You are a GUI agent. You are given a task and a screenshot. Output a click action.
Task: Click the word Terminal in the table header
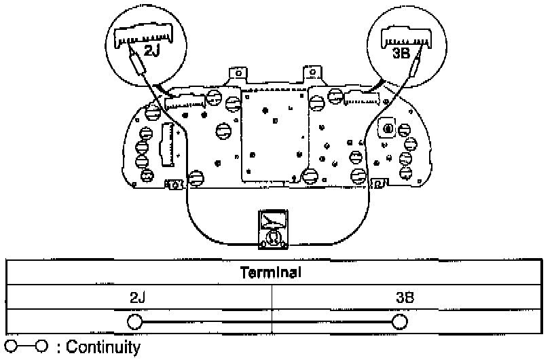click(x=272, y=273)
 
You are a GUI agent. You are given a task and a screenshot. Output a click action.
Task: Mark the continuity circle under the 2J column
click(x=134, y=321)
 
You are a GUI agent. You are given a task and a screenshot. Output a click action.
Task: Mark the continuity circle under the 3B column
click(x=400, y=321)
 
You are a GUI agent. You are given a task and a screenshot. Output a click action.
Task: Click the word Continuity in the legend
click(x=103, y=348)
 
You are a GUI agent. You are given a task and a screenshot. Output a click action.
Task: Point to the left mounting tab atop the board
click(x=237, y=73)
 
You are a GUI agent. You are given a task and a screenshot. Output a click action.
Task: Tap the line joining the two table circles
click(x=267, y=321)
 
